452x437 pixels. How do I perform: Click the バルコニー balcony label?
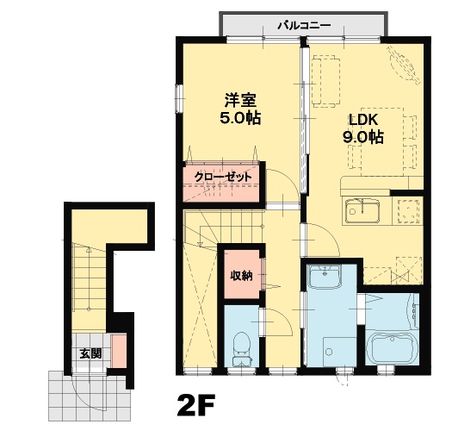304,26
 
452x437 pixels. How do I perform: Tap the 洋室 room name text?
240,100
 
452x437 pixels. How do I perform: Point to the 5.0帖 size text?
240,117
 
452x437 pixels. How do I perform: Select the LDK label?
363,120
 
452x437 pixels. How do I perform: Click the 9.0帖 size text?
363,137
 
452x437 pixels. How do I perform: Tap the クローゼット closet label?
223,177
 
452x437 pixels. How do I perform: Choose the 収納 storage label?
241,276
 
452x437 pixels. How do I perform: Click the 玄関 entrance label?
90,353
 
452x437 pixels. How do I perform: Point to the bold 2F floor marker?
196,404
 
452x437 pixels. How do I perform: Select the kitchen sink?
362,211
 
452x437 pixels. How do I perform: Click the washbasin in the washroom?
325,276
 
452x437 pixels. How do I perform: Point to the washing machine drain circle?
329,352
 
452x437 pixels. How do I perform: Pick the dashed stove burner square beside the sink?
409,211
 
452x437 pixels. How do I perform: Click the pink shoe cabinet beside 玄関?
119,351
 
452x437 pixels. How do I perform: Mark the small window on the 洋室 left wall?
179,98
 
